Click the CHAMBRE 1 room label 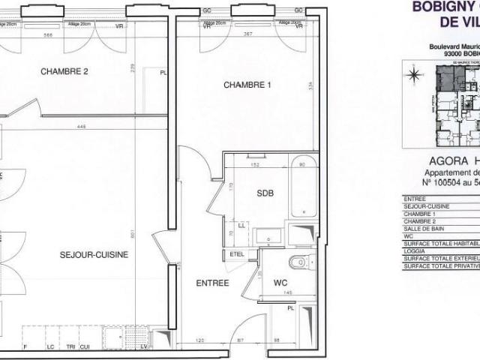pyautogui.click(x=247, y=85)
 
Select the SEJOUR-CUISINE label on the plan pyautogui.click(x=94, y=255)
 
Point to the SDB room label pyautogui.click(x=265, y=193)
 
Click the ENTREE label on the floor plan pyautogui.click(x=212, y=283)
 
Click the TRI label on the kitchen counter pyautogui.click(x=70, y=347)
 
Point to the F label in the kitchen pyautogui.click(x=25, y=347)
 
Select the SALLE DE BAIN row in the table pyautogui.click(x=426, y=229)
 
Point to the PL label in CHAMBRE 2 pyautogui.click(x=163, y=73)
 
